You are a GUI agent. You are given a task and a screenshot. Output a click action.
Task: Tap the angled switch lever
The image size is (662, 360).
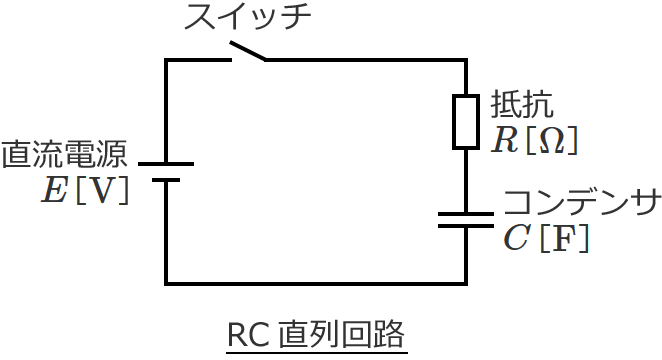249,51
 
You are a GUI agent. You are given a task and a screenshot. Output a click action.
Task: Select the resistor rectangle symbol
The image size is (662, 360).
466,122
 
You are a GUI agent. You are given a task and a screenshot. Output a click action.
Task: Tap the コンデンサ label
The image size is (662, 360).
580,203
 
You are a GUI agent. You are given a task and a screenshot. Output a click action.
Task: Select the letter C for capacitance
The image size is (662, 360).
517,239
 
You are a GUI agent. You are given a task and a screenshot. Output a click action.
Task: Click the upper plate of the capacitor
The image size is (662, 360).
466,214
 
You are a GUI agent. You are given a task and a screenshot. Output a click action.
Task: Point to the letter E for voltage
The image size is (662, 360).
53,190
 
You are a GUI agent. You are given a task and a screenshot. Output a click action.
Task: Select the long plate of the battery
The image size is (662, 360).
165,163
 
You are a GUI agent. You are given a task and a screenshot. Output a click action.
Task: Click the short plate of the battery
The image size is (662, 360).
165,180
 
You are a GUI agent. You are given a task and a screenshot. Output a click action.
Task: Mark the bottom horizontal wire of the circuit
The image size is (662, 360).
315,283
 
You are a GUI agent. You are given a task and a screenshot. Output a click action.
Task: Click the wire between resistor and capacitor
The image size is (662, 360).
466,180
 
